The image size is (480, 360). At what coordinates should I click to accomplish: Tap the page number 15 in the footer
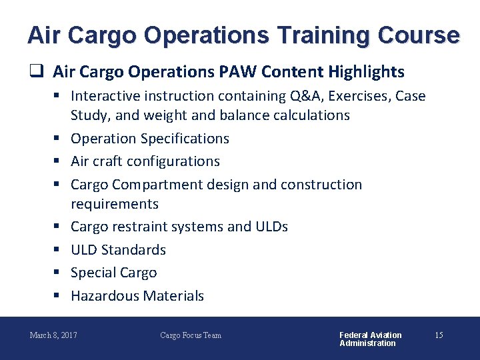439,335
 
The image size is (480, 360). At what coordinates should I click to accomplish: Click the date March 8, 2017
53,335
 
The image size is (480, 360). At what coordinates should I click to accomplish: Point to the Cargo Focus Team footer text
191,335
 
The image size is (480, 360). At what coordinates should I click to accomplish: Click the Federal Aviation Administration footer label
371,339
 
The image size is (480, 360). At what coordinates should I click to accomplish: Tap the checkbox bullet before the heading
38,71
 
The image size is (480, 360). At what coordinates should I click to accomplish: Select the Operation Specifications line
150,139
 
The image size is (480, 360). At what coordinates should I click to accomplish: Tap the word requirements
115,204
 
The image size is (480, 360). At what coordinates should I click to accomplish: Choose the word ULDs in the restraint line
271,227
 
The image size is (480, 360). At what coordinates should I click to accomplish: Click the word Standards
136,250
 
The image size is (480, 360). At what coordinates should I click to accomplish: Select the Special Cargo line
114,273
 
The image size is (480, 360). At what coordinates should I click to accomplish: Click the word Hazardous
103,296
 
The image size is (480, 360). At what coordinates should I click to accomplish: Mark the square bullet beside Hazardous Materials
58,296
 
